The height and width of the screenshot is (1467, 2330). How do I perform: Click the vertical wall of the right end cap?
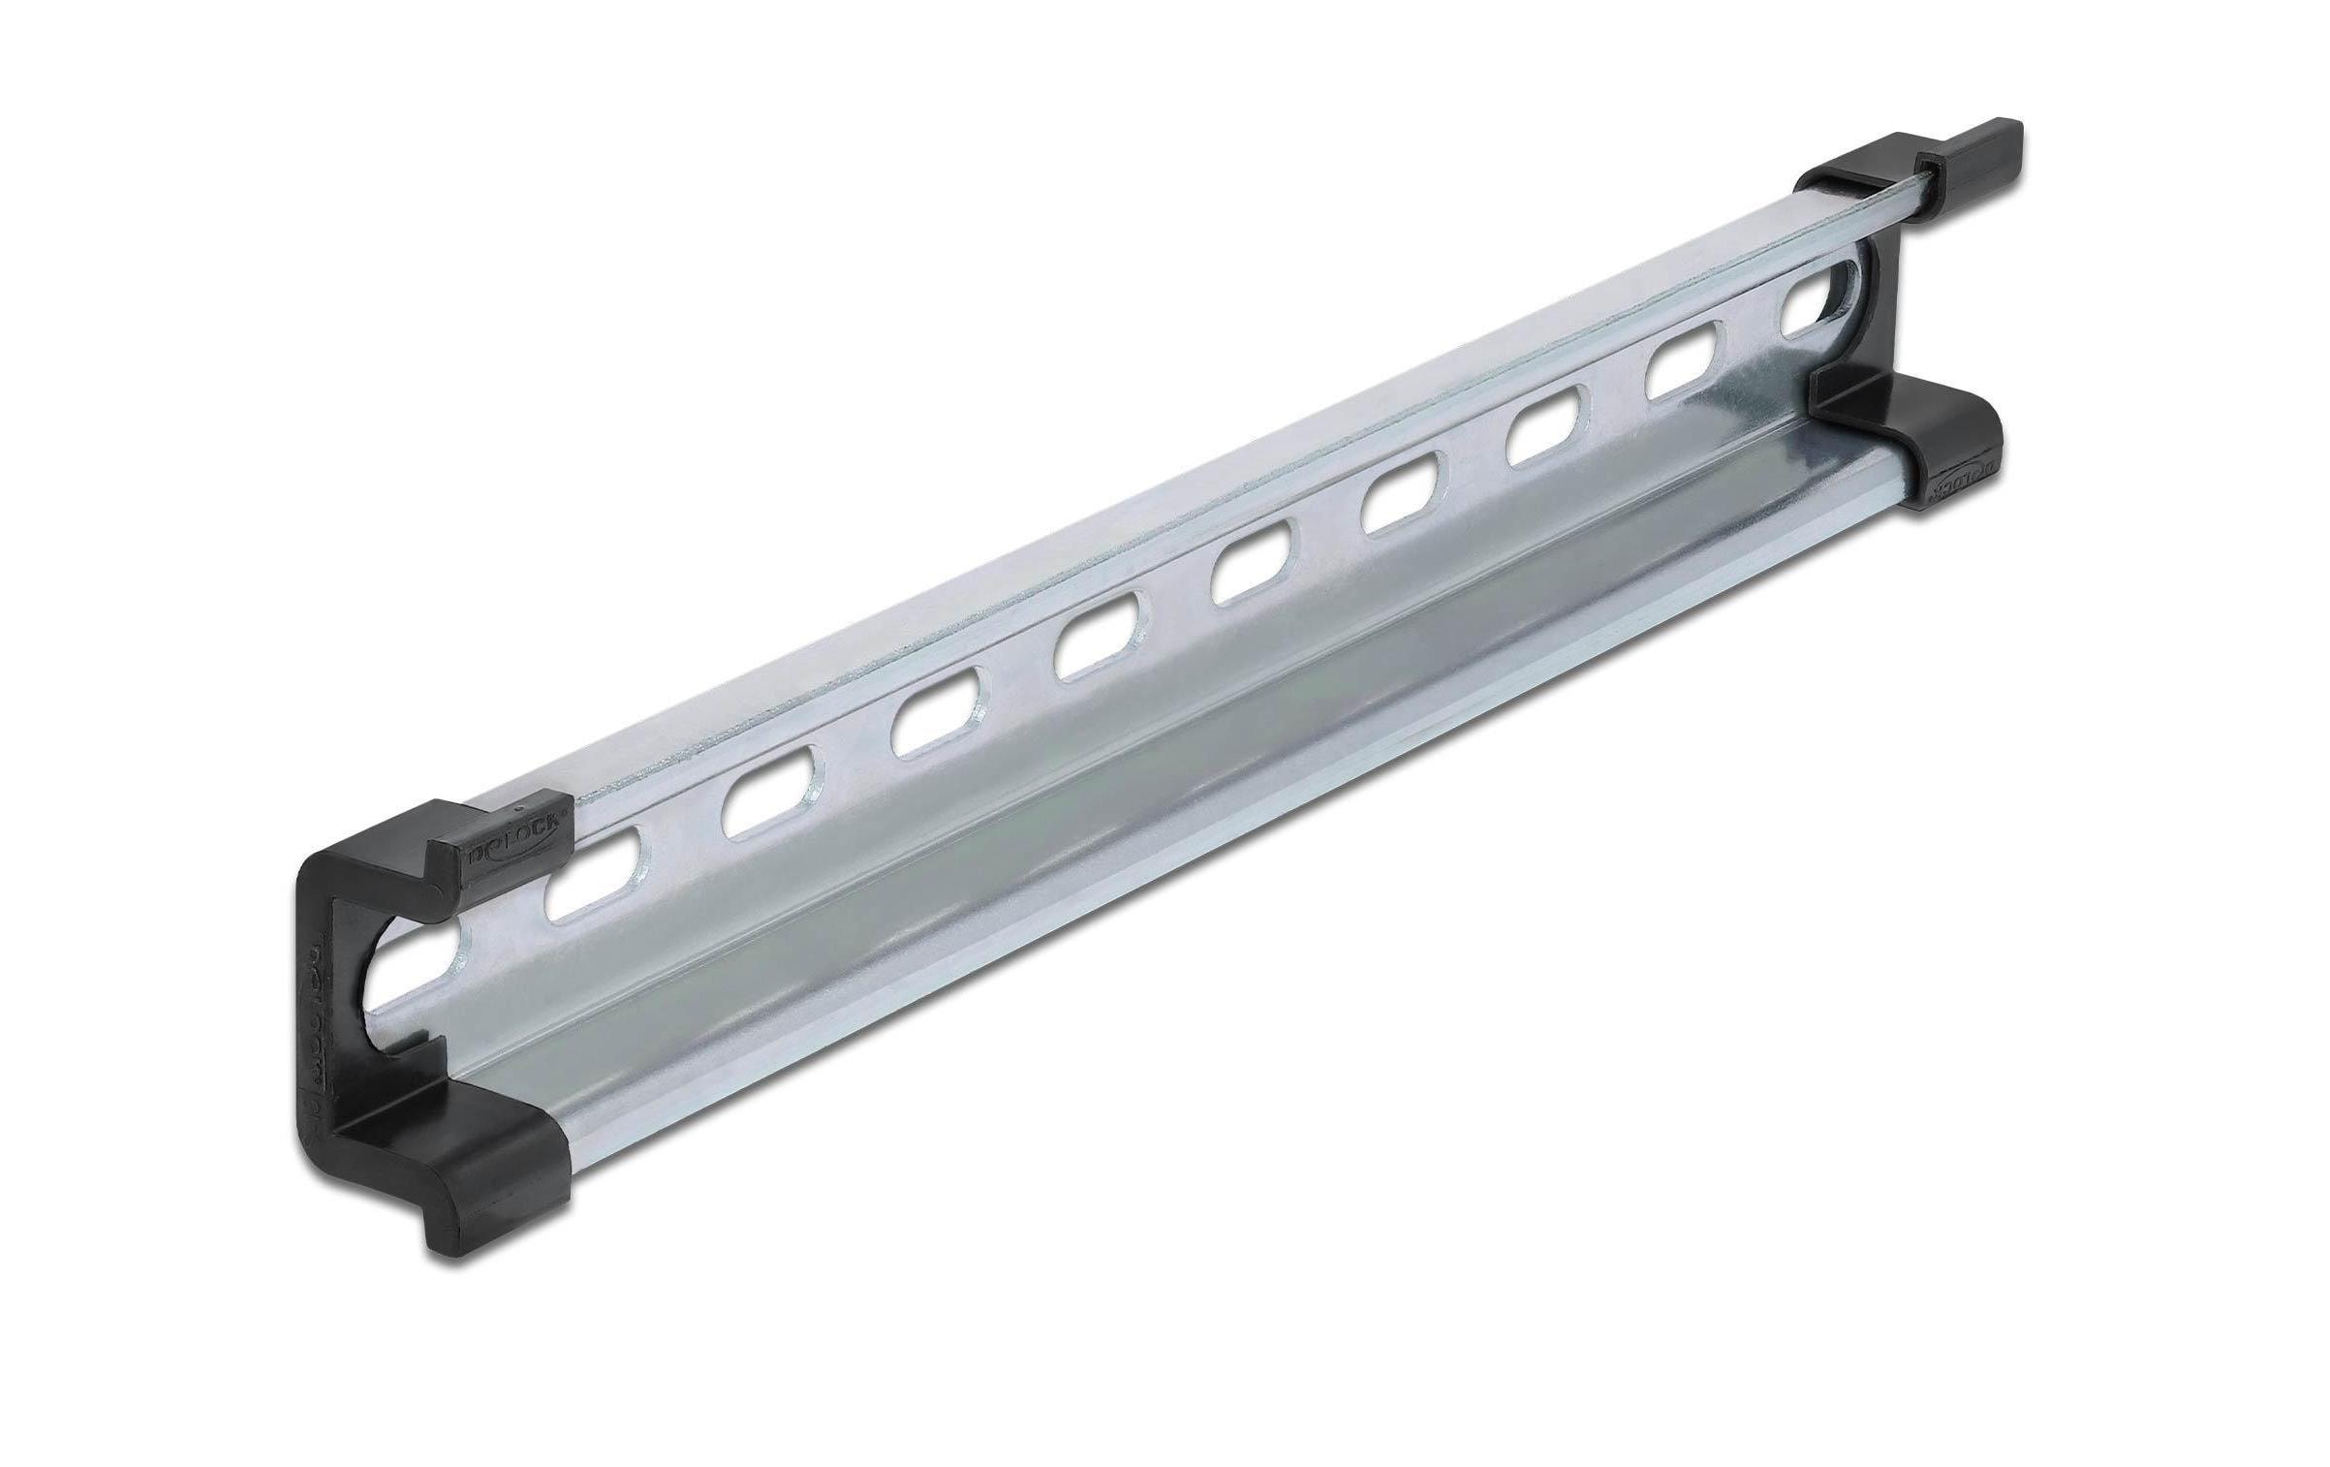pos(1865,320)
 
